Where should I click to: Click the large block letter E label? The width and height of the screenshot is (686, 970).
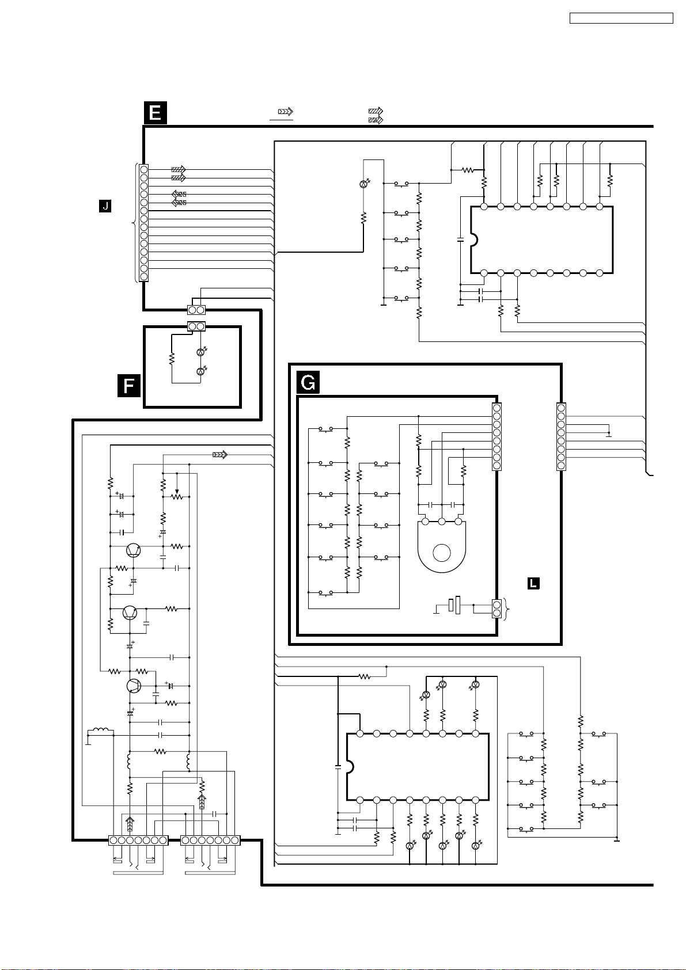[x=155, y=112]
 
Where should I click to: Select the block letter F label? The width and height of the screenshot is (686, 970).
[x=129, y=385]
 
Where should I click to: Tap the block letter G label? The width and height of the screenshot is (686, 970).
[x=308, y=382]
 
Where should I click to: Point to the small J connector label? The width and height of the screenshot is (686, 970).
[x=105, y=206]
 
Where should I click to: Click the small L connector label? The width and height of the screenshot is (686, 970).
[x=533, y=583]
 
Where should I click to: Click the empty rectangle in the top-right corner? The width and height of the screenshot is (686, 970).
[x=621, y=18]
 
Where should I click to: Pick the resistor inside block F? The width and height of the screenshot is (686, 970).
[x=172, y=359]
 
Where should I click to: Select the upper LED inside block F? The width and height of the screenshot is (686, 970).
[x=200, y=352]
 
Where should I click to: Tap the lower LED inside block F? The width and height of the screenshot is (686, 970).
[x=200, y=372]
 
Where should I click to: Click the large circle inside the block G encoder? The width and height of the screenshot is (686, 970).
[x=442, y=553]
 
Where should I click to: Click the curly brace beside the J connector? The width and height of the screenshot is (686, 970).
[x=135, y=223]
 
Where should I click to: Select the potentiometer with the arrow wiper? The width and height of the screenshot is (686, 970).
[x=177, y=495]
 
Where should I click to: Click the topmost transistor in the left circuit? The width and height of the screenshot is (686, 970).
[x=134, y=550]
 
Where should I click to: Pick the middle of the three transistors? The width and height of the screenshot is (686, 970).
[x=130, y=613]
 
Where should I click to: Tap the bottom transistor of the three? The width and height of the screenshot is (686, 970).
[x=134, y=686]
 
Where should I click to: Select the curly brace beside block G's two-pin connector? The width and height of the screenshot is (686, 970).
[x=506, y=608]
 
